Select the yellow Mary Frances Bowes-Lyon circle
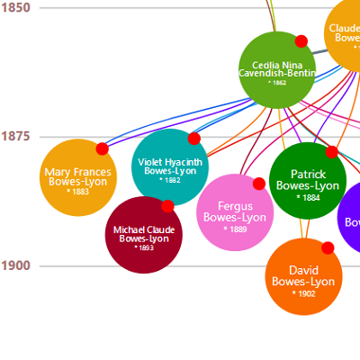tap(78, 178)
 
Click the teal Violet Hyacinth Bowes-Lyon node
tap(169, 167)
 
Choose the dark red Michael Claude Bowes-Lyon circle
tap(144, 234)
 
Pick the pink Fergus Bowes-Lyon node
tap(235, 212)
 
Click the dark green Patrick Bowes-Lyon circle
tap(308, 180)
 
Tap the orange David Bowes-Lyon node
tap(303, 276)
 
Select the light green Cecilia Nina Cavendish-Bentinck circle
tap(277, 70)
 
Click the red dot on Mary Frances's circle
tap(102, 148)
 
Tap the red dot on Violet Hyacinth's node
tap(193, 139)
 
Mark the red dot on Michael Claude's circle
tap(167, 206)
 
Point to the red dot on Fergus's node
tap(259, 184)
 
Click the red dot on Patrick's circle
tap(331, 152)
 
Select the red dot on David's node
tap(328, 247)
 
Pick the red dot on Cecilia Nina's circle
tap(301, 41)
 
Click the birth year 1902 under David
tap(303, 293)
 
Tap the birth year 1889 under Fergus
tap(235, 229)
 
